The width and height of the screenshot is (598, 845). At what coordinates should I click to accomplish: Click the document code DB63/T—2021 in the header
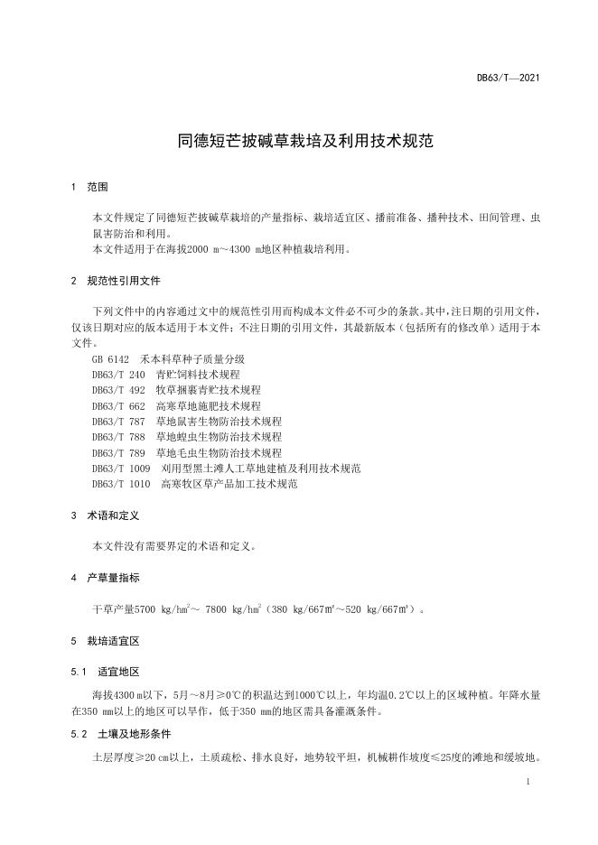coord(509,79)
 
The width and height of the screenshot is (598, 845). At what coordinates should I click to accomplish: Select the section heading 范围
coord(98,187)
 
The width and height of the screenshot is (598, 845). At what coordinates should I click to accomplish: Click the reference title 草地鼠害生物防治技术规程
coord(219,422)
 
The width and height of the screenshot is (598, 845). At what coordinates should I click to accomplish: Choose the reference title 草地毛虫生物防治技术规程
coord(219,452)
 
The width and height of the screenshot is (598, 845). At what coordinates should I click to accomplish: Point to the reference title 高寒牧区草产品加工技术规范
coord(229,484)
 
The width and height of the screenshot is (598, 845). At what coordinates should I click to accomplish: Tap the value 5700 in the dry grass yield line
coord(145,609)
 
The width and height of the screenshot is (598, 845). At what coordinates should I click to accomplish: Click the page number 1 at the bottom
coord(526,783)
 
